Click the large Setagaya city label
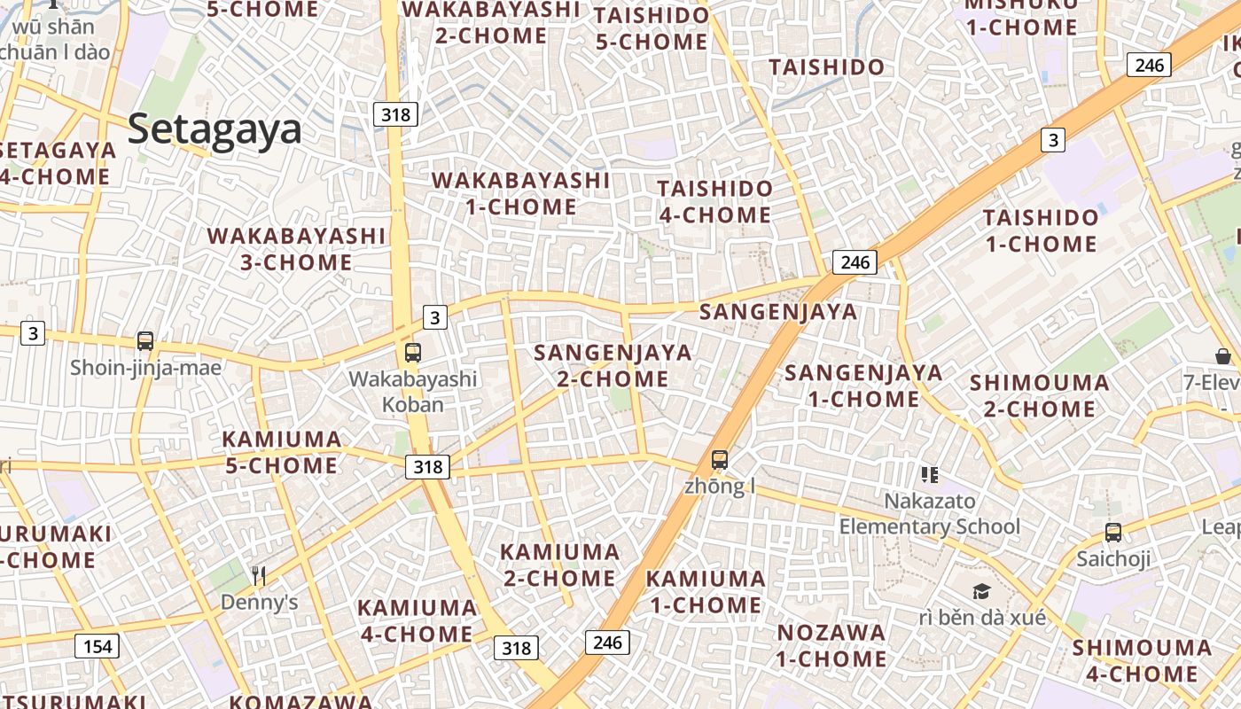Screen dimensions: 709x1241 click(215, 129)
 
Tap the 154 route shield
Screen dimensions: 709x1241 click(97, 646)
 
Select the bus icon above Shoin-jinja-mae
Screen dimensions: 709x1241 click(145, 341)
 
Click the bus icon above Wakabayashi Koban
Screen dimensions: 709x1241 click(413, 353)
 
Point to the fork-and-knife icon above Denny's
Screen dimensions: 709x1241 click(258, 576)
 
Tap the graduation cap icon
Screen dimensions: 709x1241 click(981, 591)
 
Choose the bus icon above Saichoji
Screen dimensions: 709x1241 click(1113, 533)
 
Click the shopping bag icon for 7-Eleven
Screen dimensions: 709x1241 click(1223, 356)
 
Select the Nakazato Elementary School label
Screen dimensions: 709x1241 click(930, 514)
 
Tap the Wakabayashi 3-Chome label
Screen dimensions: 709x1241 click(297, 249)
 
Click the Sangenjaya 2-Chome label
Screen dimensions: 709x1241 click(613, 365)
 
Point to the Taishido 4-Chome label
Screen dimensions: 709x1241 click(714, 201)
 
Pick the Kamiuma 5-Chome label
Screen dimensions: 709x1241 click(281, 452)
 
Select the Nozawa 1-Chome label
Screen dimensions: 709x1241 click(831, 645)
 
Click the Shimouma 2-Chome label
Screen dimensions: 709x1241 click(1039, 395)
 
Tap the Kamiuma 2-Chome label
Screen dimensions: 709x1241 click(559, 565)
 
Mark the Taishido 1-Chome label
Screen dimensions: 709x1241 click(1040, 230)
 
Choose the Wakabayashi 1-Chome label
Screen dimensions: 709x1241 click(521, 193)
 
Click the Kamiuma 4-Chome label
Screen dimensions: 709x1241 click(417, 620)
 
